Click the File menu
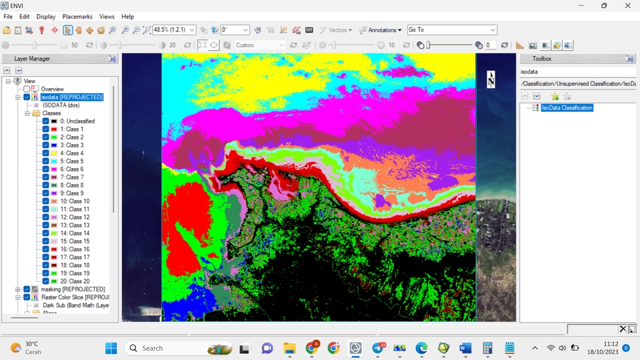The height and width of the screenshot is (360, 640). click(8, 17)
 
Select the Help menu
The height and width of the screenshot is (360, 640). click(127, 17)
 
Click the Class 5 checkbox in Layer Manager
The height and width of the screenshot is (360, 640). click(45, 161)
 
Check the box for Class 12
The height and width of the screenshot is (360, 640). click(45, 217)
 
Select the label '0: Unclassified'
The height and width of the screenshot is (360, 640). click(77, 121)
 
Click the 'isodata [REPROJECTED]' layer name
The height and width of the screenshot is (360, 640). click(72, 97)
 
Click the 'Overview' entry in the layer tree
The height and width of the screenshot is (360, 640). click(52, 89)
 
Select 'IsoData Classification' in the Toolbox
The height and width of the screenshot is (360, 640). click(567, 108)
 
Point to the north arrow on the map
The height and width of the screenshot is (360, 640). click(491, 79)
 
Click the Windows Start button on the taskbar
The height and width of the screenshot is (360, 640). click(111, 348)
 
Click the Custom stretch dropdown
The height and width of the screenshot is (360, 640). click(260, 45)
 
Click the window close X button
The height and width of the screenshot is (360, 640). click(627, 6)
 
